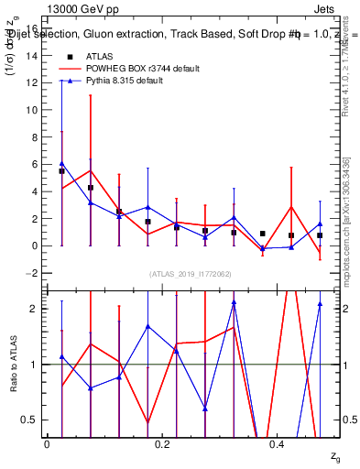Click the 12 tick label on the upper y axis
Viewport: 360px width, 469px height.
pos(33,82)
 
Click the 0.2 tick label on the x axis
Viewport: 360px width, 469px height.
pos(163,444)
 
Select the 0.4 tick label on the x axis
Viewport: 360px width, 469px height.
pos(278,444)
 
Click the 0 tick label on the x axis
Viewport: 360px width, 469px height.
pos(47,444)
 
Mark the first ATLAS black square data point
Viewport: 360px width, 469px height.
pos(61,171)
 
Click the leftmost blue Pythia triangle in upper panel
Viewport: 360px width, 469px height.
pos(61,164)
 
